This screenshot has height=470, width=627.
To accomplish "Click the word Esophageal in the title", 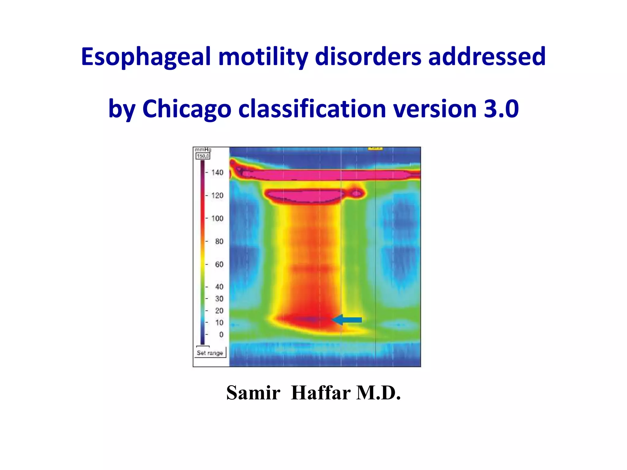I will (x=146, y=57).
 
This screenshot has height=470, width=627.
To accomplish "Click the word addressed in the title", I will (x=487, y=57).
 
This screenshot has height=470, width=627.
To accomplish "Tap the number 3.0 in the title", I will (x=501, y=109).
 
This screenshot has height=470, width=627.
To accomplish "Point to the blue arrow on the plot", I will (x=347, y=320).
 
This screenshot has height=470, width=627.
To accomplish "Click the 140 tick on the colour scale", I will (x=217, y=173).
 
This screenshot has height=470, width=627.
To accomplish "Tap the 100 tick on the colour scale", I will (x=217, y=218).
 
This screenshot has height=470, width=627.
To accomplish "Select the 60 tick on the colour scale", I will (x=219, y=264).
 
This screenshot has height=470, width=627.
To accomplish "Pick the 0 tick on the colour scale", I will (x=221, y=334).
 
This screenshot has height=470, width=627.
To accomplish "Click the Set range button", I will (x=210, y=353).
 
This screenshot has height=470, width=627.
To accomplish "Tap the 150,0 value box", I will (x=203, y=156).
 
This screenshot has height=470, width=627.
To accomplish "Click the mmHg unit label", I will (x=203, y=150).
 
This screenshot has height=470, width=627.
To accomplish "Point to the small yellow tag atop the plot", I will (x=375, y=148).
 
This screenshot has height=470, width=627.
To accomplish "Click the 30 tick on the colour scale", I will (x=219, y=299).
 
